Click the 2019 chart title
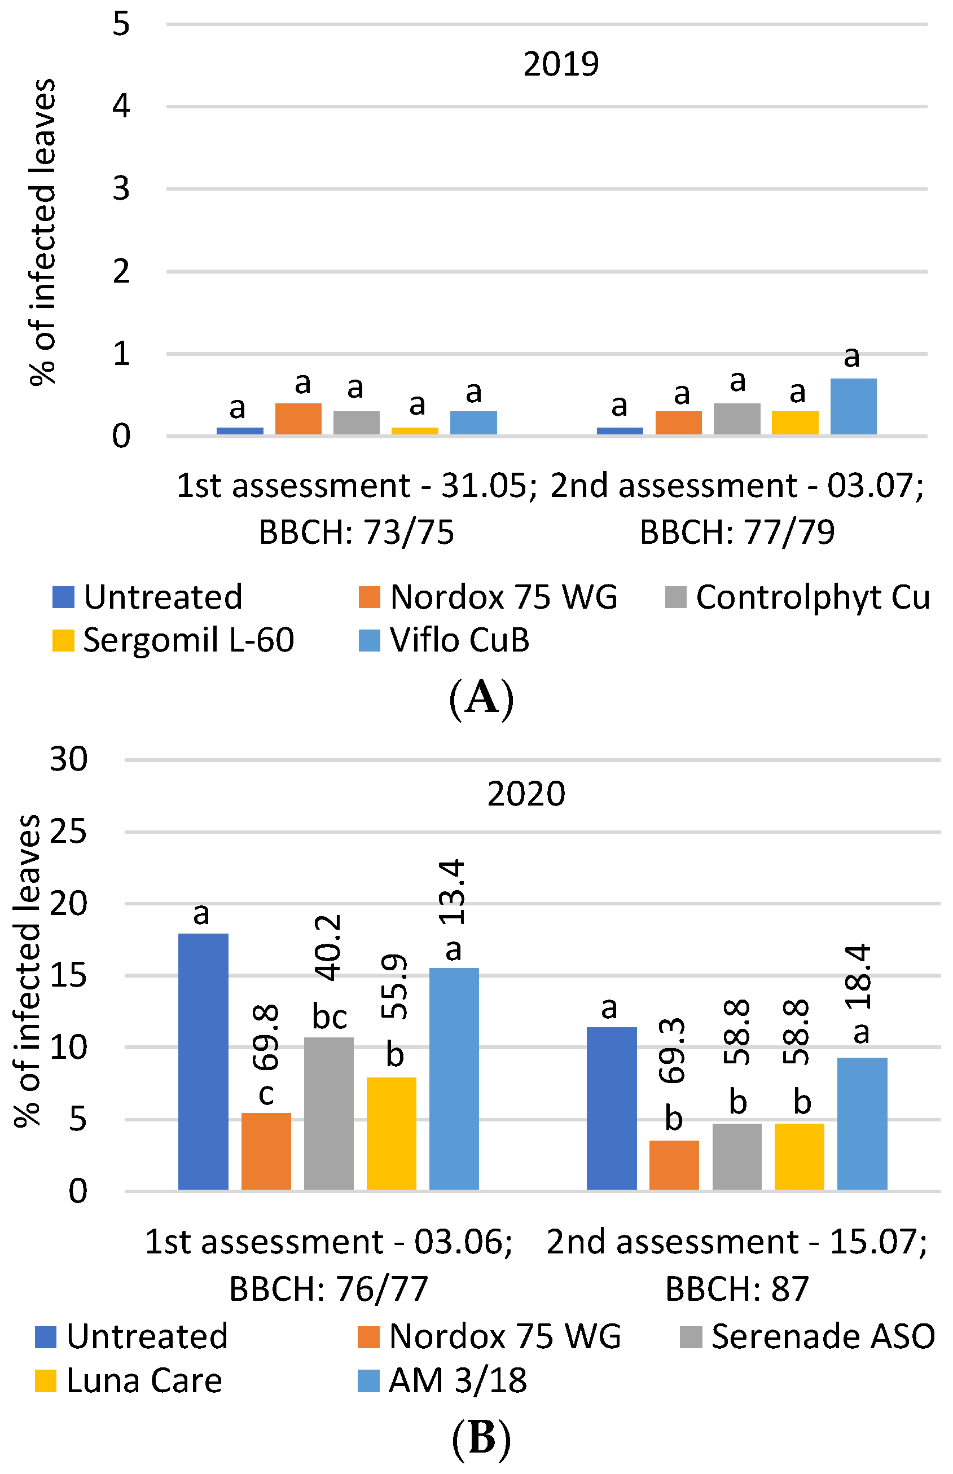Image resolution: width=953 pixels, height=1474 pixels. [x=561, y=64]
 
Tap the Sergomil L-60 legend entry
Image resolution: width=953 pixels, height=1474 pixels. [x=173, y=640]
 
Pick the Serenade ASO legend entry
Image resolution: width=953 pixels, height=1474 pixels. [x=807, y=1337]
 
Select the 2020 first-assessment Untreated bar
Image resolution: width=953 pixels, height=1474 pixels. [x=203, y=1062]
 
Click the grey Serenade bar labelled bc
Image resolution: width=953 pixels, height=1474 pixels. [x=328, y=1114]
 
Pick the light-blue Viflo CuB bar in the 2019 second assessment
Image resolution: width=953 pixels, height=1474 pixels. [x=853, y=406]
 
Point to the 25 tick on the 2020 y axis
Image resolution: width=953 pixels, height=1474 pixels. [x=68, y=832]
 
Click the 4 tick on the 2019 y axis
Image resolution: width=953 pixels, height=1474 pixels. [x=121, y=106]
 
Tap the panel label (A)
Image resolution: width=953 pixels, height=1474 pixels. [x=481, y=698]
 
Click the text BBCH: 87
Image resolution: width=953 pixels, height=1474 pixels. [x=736, y=1290]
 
